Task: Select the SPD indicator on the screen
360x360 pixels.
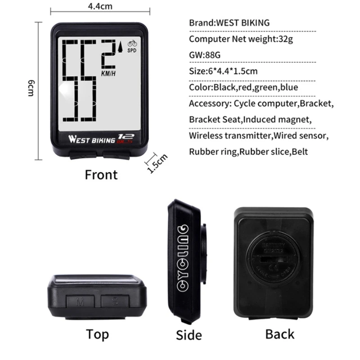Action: [x=132, y=50]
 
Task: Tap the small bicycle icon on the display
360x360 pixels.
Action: [x=132, y=44]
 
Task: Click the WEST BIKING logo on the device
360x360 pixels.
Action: [x=92, y=139]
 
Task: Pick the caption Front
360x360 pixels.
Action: [x=101, y=175]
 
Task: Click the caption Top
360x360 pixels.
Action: [x=97, y=335]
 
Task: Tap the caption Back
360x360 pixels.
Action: [x=279, y=334]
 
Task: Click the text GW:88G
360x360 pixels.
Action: [x=205, y=55]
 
